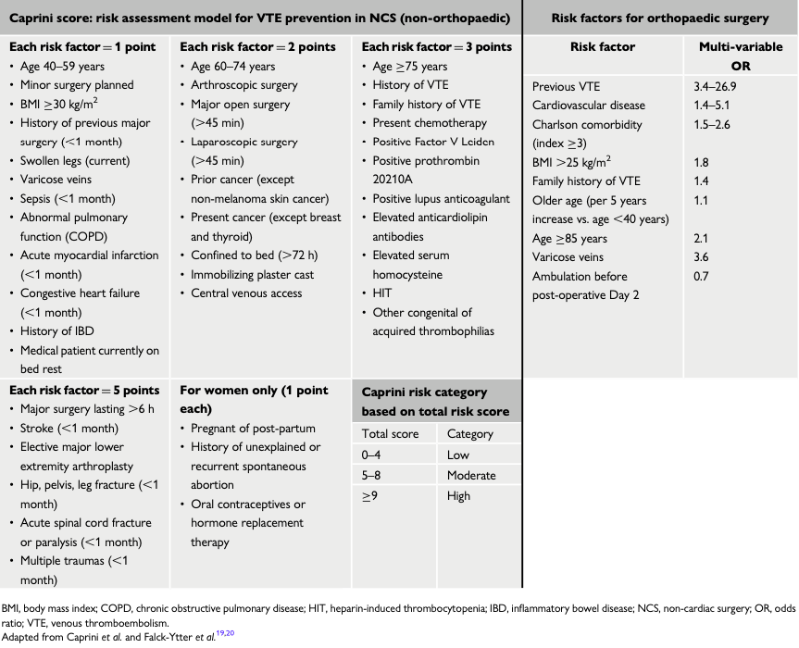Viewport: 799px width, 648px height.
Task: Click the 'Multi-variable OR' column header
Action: (739, 56)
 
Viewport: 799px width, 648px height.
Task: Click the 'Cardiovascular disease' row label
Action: (589, 106)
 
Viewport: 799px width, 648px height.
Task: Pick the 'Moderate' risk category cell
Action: (471, 475)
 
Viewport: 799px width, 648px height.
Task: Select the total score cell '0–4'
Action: (371, 455)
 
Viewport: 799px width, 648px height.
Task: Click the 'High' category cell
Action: (458, 495)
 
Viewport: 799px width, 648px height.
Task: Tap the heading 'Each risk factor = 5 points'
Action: (83, 391)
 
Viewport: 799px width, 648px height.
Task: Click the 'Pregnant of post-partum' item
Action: (253, 429)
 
